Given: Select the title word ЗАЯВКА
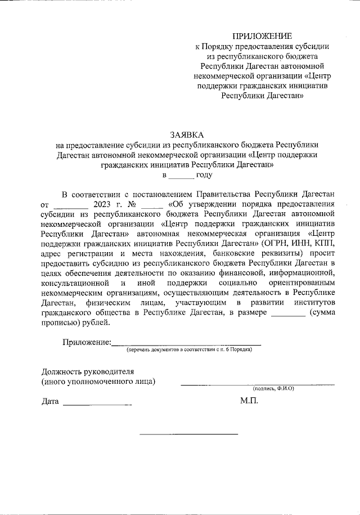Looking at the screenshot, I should (x=187, y=135).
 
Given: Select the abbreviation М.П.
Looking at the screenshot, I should (x=249, y=401).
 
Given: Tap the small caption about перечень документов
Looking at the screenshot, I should (x=189, y=350).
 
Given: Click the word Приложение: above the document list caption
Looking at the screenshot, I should (x=86, y=342).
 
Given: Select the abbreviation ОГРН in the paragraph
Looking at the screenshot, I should (x=276, y=243).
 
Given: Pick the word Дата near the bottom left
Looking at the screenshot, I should (x=50, y=402).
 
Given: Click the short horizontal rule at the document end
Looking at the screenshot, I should (x=188, y=434).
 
